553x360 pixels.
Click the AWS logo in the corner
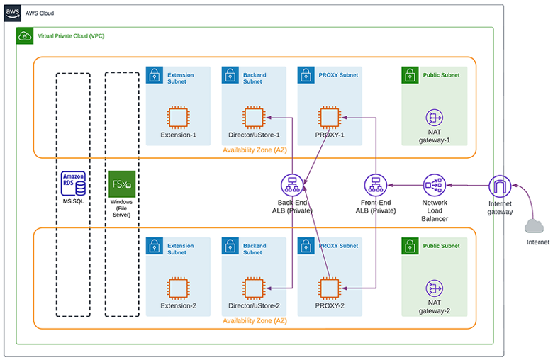point(12,13)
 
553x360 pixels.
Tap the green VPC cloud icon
point(25,35)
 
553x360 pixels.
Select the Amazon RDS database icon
point(73,184)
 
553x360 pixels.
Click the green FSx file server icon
point(122,184)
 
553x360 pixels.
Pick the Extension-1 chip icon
point(178,118)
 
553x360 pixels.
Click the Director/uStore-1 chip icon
point(254,118)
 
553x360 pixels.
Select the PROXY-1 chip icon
point(330,118)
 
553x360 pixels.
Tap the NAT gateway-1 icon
point(434,118)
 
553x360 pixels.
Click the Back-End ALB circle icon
point(292,185)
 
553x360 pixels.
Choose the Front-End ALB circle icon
point(376,185)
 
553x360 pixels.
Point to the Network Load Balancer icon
point(434,185)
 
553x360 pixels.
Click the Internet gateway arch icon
point(500,186)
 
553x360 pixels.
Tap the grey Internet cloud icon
point(534,226)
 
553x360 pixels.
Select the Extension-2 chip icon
point(178,288)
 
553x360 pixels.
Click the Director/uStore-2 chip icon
point(254,288)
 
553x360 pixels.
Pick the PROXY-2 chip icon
point(330,288)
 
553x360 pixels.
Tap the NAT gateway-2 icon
point(434,288)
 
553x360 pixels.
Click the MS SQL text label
point(73,201)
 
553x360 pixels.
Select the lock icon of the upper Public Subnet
point(410,75)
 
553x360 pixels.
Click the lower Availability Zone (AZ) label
point(255,321)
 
